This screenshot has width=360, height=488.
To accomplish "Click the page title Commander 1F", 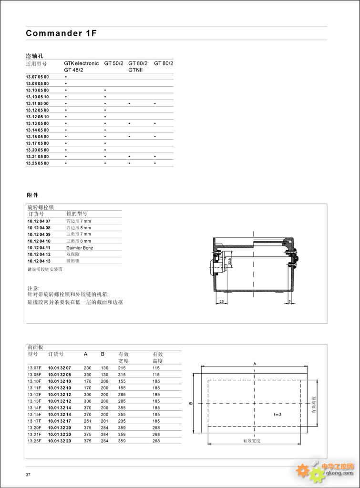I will point(62,33).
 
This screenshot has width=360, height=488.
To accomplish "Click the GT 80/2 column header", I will point(164,63).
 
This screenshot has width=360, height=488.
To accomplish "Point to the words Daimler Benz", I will point(80,248).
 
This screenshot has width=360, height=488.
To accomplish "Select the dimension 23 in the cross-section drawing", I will point(222,301).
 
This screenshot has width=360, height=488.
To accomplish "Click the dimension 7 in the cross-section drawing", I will point(290,301).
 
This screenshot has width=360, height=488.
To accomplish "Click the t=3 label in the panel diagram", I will point(278,415).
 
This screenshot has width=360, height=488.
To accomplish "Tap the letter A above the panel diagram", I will point(255,364).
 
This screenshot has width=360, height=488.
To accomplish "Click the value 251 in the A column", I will point(88,421).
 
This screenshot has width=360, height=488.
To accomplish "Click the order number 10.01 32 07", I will point(60,368).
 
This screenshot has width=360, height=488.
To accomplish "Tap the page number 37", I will point(28,475).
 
